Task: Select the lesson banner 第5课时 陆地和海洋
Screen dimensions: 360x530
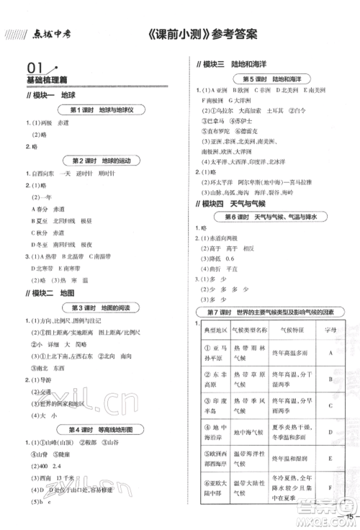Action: click(x=270, y=78)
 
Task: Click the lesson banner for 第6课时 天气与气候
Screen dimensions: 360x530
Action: click(x=270, y=217)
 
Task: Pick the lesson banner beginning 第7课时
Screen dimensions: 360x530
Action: click(x=270, y=311)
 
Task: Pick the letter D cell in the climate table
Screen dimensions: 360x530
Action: click(x=329, y=431)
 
